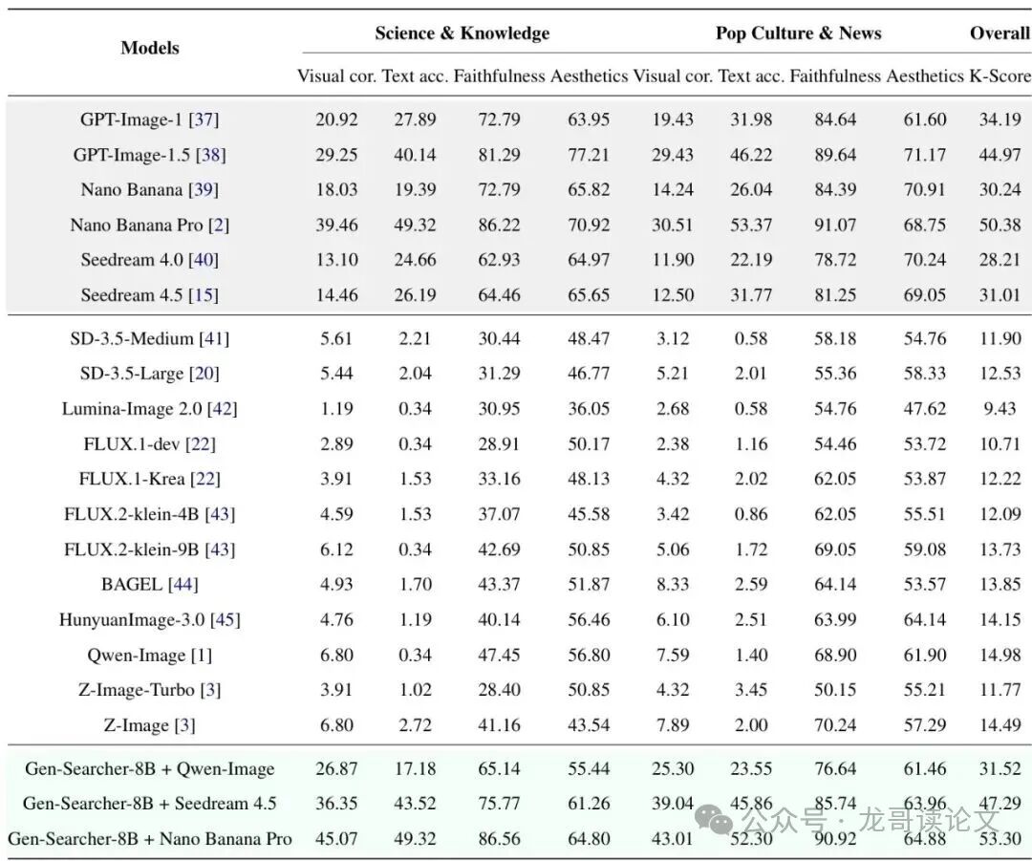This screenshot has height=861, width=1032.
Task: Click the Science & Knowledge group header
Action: (462, 33)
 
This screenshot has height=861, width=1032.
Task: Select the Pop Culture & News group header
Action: (798, 33)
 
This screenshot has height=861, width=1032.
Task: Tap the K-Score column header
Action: (1000, 76)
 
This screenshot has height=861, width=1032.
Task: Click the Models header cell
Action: (150, 48)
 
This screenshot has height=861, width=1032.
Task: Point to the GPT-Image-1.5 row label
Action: (149, 155)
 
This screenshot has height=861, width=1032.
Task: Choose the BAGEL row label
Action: (149, 584)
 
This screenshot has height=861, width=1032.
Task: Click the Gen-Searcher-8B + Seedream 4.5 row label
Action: (149, 804)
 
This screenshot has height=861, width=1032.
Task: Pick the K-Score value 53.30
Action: (1000, 839)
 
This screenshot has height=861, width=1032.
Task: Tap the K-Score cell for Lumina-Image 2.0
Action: (1000, 409)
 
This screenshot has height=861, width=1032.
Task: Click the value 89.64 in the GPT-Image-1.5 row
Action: (834, 155)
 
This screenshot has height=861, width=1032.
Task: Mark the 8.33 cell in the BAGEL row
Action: (673, 584)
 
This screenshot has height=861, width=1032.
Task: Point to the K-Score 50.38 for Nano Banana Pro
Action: (1000, 226)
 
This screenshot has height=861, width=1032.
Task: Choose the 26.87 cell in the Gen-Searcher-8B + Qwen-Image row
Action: (336, 768)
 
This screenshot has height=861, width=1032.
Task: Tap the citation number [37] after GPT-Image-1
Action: (204, 119)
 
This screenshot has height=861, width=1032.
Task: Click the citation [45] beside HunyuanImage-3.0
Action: (226, 619)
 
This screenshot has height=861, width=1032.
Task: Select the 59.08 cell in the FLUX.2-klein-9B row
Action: (924, 549)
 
